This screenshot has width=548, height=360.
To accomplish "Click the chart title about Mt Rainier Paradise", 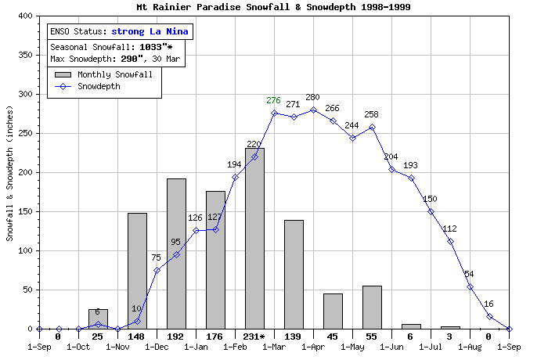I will coord(273,7).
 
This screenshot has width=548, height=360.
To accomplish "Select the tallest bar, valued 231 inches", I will coord(254,239).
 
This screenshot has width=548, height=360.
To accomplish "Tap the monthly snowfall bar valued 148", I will coord(137,271).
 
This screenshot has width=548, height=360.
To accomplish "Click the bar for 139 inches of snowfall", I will coord(294,274).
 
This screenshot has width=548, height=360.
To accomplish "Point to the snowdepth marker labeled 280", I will coord(313,110).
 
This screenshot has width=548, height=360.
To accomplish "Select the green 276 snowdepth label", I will coord(273,100).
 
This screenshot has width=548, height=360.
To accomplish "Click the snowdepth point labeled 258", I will coord(372,127).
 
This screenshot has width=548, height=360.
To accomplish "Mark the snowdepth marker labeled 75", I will coord(157,270).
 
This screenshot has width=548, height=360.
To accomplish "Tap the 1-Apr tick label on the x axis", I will coord(313,345).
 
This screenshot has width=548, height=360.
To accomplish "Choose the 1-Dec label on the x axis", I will coord(157,345).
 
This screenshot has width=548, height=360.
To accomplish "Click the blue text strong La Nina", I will coord(150,32).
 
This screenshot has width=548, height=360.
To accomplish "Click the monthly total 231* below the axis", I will coord(254,337).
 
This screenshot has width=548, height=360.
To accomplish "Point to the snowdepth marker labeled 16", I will coord(489,316).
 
